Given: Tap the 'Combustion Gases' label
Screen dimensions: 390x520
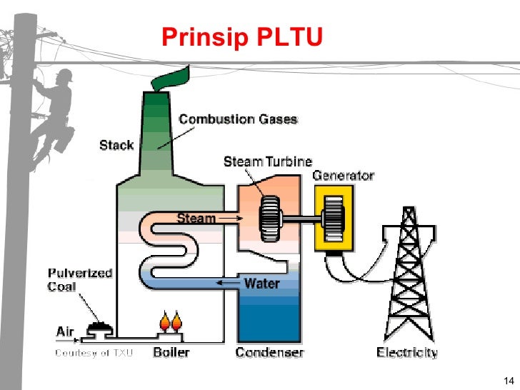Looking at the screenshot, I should point(237,119).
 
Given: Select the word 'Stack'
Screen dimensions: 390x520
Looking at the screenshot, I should point(116,145).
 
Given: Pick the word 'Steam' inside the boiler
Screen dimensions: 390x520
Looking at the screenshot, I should point(196,218).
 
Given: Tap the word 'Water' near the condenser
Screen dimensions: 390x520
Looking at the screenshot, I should point(261,283).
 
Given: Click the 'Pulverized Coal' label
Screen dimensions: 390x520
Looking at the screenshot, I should point(80,281).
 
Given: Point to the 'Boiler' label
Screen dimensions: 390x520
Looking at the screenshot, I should point(171,352).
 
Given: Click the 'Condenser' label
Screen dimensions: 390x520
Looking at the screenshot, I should point(270,352).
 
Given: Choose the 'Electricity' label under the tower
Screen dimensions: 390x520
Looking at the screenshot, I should point(407,352).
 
